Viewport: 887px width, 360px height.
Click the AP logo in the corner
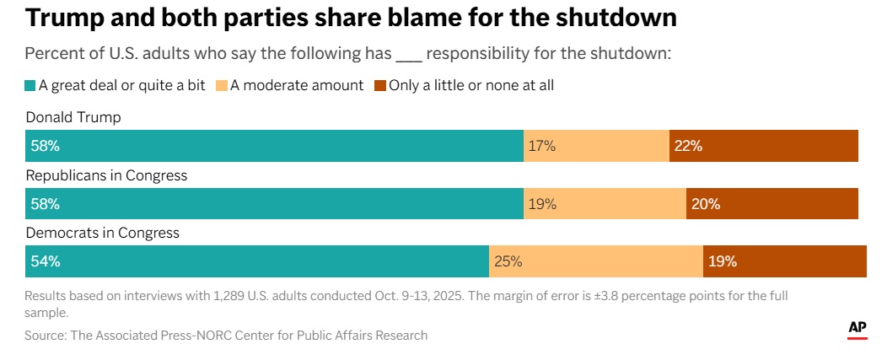[857, 330]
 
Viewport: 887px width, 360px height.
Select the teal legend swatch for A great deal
[30, 85]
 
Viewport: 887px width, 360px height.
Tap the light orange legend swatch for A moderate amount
[222, 85]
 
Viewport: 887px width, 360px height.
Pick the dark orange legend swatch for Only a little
[379, 85]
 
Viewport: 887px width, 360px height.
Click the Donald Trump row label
[73, 117]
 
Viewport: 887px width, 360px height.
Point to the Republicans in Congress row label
[106, 175]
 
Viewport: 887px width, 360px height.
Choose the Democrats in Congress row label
[103, 233]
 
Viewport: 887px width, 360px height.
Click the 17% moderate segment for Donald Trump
[596, 146]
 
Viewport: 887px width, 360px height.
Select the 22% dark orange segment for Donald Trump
[763, 146]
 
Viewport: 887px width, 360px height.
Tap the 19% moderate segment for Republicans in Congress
[605, 204]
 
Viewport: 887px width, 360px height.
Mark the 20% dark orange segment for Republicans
[771, 204]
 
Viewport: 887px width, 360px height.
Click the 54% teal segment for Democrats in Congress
[257, 261]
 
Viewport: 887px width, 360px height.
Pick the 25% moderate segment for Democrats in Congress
[596, 261]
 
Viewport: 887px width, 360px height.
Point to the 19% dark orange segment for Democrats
[784, 261]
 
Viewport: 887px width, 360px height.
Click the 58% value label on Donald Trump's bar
[45, 146]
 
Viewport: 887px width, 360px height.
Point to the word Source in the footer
[46, 336]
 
